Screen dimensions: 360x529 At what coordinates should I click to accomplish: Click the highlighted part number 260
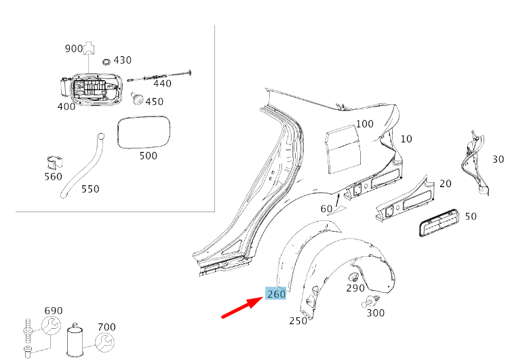[276, 294]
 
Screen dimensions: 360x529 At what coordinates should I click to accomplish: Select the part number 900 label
[73, 49]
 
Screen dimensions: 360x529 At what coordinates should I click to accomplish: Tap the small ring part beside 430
[106, 62]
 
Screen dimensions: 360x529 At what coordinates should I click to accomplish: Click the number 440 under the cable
[163, 83]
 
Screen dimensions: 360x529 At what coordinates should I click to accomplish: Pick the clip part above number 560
[54, 163]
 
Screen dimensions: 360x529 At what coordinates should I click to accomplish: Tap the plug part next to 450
[138, 100]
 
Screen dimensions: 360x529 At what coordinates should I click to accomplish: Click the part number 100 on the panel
[365, 124]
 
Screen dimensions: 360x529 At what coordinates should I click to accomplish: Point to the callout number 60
[326, 208]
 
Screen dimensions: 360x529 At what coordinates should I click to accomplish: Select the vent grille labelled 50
[436, 222]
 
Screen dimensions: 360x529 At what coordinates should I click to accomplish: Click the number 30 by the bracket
[498, 159]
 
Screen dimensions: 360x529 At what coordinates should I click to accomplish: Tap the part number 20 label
[445, 184]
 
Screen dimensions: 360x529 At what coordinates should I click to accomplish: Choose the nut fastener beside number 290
[353, 278]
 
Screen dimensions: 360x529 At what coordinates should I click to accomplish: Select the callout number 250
[298, 321]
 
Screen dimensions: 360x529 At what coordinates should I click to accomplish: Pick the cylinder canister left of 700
[76, 342]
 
